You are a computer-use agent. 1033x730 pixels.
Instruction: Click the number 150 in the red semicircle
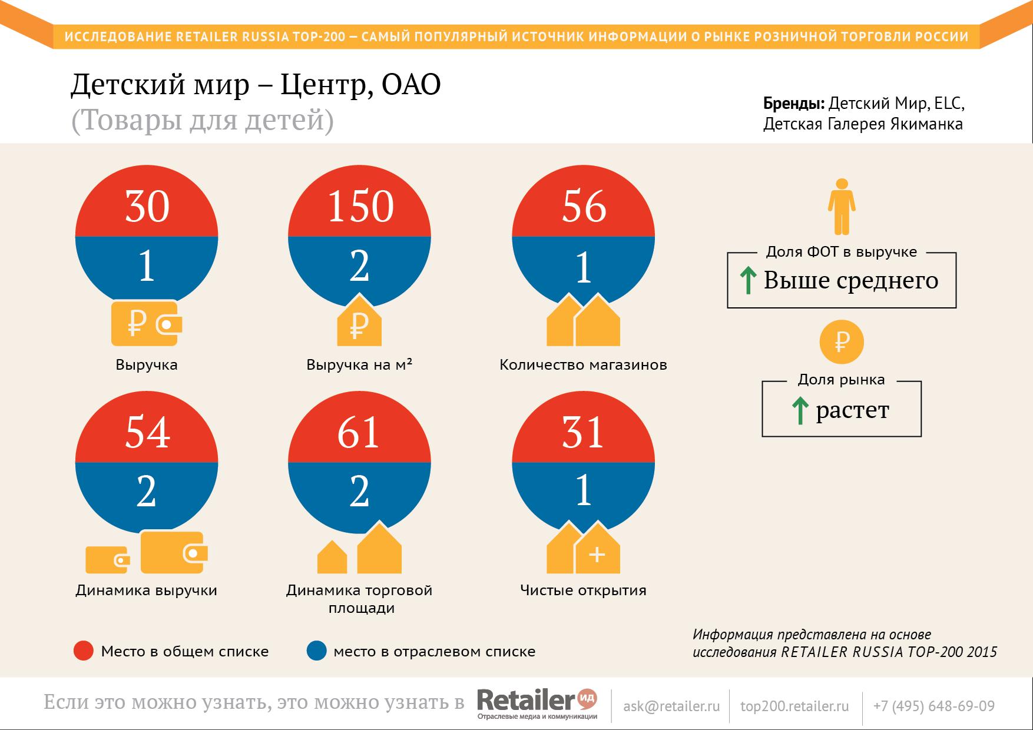click(x=360, y=207)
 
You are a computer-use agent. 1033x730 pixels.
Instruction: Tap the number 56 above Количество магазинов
click(x=584, y=207)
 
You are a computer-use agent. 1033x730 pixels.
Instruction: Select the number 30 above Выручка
click(x=147, y=207)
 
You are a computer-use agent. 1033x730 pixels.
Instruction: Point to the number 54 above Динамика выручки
click(x=147, y=433)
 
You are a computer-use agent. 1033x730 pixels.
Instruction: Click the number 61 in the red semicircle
click(x=359, y=433)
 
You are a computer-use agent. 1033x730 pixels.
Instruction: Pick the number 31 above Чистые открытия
click(x=584, y=433)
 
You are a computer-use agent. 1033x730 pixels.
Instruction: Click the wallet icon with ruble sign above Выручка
click(x=147, y=323)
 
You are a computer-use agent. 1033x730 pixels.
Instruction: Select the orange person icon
click(x=842, y=206)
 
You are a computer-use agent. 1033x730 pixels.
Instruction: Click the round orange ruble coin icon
click(x=842, y=341)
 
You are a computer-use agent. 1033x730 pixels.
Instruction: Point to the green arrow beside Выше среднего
click(x=748, y=280)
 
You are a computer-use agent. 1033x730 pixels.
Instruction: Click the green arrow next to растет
click(x=799, y=410)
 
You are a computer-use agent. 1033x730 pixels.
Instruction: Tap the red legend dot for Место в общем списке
click(x=84, y=651)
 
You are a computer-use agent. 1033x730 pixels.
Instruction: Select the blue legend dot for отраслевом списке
click(x=317, y=651)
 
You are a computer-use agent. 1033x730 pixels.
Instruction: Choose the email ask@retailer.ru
click(x=671, y=706)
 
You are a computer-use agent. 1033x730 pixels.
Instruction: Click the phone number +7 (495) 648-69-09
click(x=934, y=706)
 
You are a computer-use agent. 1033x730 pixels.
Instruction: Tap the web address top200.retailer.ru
click(x=794, y=706)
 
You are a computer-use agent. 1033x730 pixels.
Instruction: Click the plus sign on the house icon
click(x=597, y=555)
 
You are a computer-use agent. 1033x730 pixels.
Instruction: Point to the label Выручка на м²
click(x=359, y=364)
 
